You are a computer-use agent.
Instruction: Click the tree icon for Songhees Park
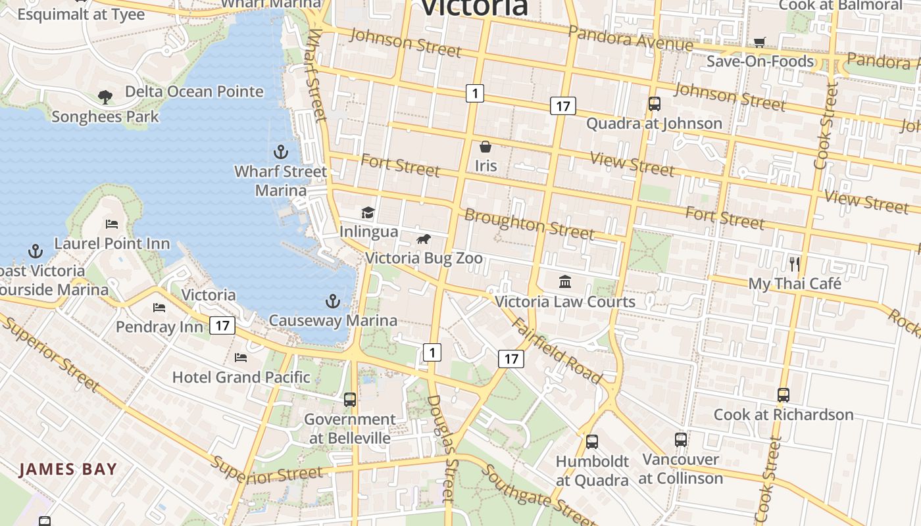click(105, 97)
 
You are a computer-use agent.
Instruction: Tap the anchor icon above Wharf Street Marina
click(281, 153)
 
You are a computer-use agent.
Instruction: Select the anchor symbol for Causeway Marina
click(333, 302)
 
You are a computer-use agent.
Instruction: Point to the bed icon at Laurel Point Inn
click(112, 224)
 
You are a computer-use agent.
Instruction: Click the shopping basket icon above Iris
click(485, 147)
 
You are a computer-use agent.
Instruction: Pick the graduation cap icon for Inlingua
click(368, 212)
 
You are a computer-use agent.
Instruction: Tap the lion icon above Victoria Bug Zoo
click(424, 239)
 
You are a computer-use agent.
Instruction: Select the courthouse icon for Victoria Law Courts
click(564, 282)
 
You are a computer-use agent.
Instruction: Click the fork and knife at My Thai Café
click(795, 264)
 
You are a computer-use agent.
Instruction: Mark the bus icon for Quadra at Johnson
click(654, 104)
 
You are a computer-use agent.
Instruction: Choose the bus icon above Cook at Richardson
click(783, 395)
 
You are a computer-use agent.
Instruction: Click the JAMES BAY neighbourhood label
click(68, 469)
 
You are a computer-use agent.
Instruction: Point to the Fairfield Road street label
click(557, 350)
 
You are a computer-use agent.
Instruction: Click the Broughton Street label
click(530, 224)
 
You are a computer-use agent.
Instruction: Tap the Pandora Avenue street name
click(630, 39)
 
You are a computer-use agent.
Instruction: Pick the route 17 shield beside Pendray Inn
click(223, 325)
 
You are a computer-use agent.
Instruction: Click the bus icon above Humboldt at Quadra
click(592, 441)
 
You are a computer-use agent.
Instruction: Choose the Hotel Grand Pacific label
click(241, 377)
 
